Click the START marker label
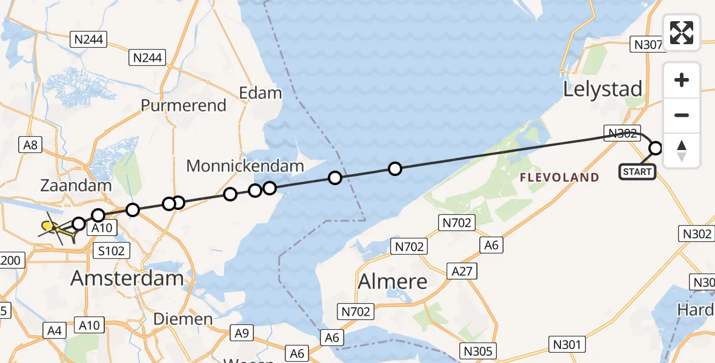(637, 172)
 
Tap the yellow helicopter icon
(53, 228)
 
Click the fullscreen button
(682, 33)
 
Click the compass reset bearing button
(682, 151)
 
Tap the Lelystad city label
(602, 89)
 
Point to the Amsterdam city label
(127, 278)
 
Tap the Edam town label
(261, 93)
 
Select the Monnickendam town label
(245, 165)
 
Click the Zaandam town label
(76, 185)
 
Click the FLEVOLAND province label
(559, 177)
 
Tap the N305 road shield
(479, 350)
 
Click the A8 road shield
(30, 145)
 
